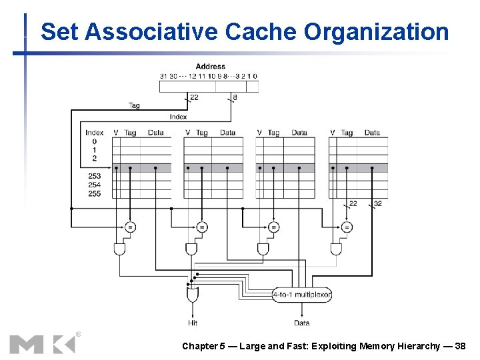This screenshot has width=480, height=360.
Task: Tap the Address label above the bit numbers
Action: click(210, 66)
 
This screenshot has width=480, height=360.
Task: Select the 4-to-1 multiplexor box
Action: click(302, 294)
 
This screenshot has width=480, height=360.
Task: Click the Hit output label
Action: click(193, 323)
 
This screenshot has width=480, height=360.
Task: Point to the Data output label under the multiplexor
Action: click(301, 323)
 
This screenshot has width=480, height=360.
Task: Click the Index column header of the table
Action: click(95, 133)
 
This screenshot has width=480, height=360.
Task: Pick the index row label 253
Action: click(94, 176)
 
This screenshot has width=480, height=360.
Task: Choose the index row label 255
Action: click(94, 193)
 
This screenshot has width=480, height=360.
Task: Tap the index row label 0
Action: click(94, 141)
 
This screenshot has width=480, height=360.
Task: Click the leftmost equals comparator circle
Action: click(130, 227)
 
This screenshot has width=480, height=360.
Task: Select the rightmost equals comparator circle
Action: click(346, 227)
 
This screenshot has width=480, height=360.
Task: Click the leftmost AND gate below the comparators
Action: click(120, 249)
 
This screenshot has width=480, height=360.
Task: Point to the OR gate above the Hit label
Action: click(193, 294)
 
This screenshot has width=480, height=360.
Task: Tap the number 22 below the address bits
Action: click(194, 97)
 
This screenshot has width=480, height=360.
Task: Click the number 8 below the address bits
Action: click(234, 97)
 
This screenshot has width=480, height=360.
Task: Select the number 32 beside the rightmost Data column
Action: click(378, 204)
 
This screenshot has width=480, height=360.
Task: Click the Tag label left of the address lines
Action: click(134, 105)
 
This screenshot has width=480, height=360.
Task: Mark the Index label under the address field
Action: click(178, 117)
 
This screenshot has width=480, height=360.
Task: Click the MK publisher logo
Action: click(43, 343)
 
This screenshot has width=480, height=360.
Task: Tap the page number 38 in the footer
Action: click(460, 346)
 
